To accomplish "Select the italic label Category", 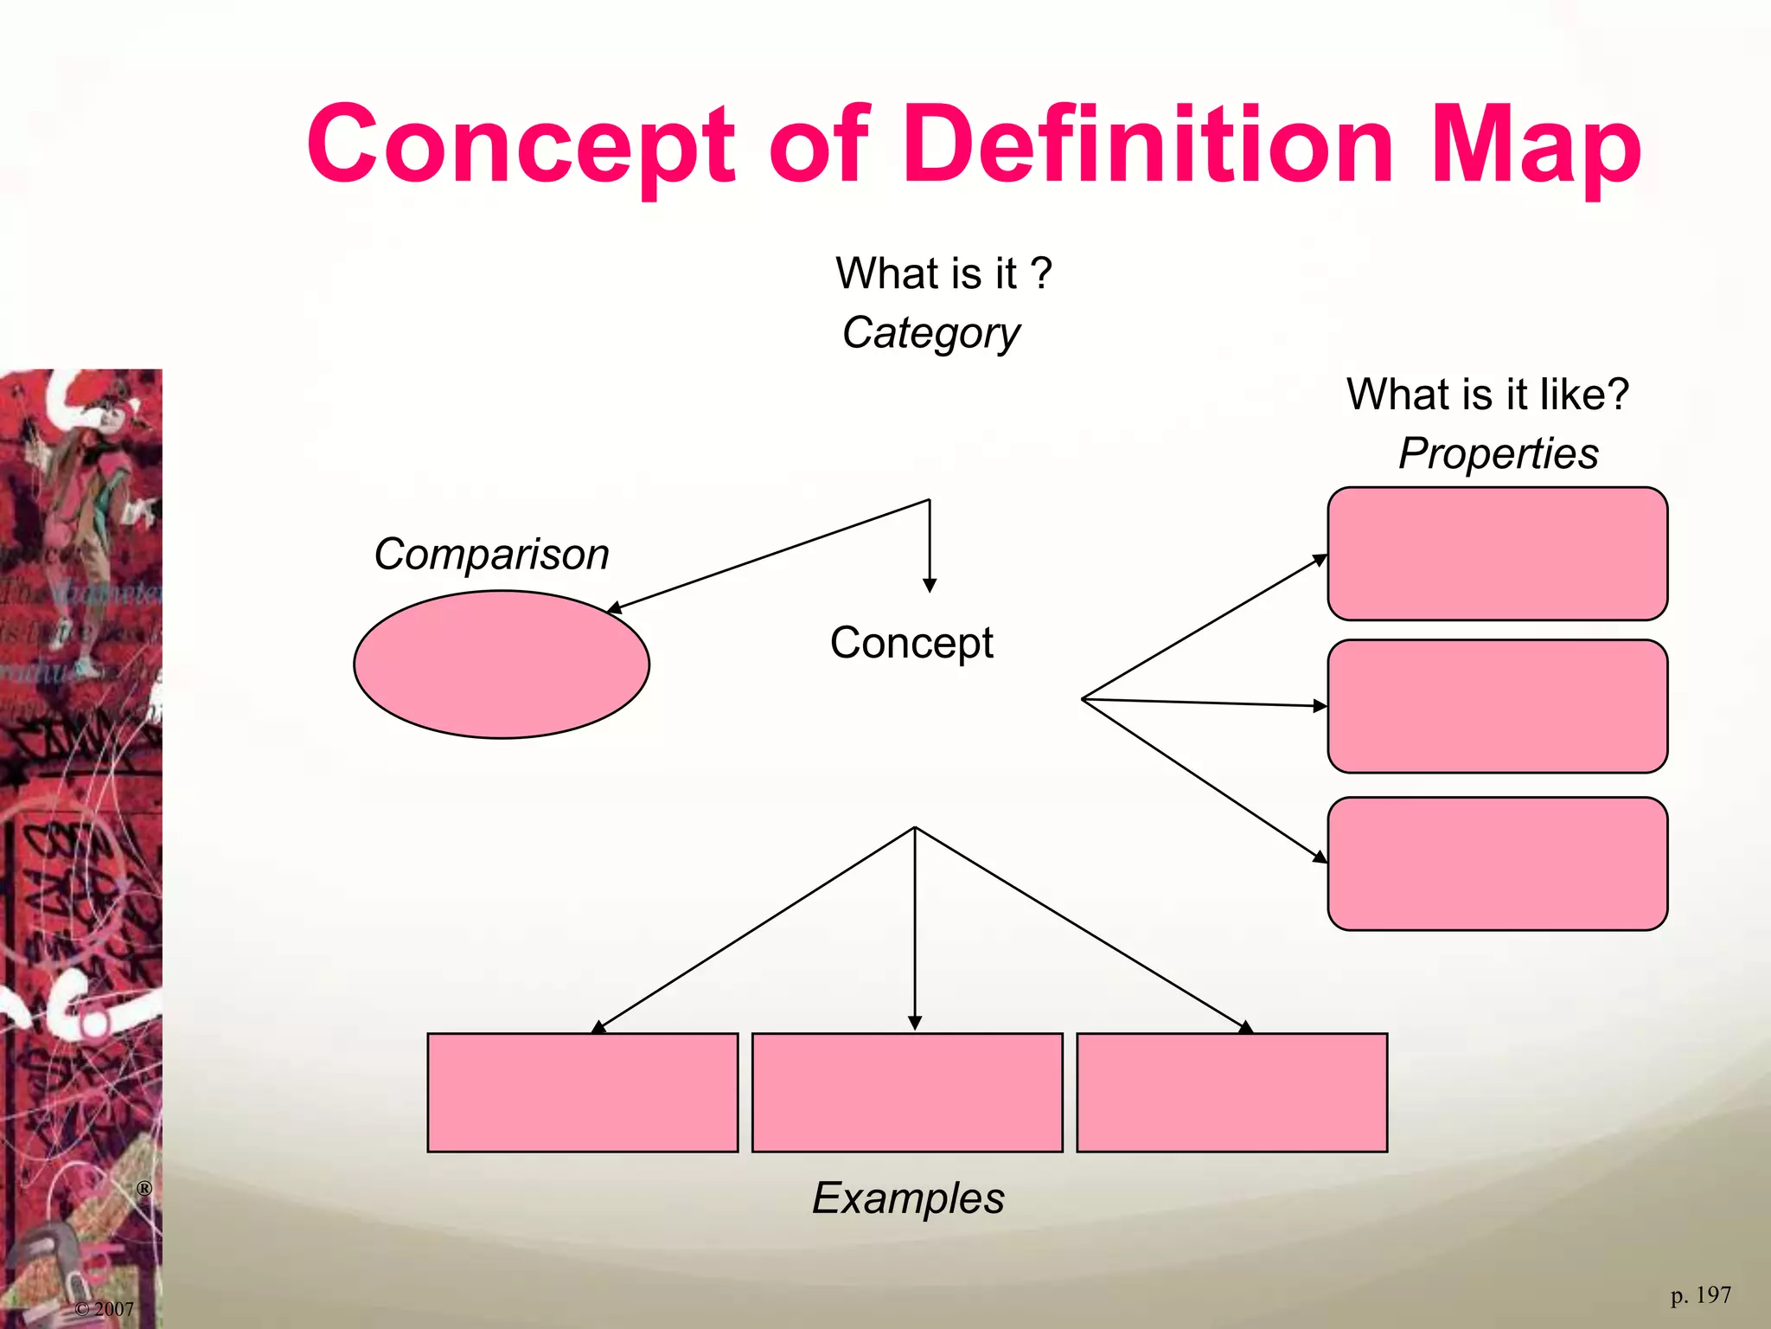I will tap(931, 333).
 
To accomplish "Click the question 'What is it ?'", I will tap(943, 273).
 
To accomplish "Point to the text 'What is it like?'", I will tap(1487, 395).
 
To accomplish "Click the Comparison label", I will tap(491, 555).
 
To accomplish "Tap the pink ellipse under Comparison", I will tap(502, 664).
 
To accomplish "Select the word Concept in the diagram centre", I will tap(911, 643).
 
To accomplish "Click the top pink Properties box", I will tap(1497, 554).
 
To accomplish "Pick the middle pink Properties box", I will tap(1497, 706).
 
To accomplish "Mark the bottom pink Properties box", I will tap(1497, 864).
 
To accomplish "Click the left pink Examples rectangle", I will tap(583, 1092).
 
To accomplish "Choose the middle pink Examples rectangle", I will tap(907, 1092).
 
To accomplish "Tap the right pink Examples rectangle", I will tap(1231, 1092).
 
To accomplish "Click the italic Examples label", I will tap(908, 1198).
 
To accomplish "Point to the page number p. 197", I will tap(1700, 1295).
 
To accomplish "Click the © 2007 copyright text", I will tap(105, 1309).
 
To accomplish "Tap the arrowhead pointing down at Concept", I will tap(930, 586).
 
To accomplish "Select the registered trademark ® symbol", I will tap(144, 1189).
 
